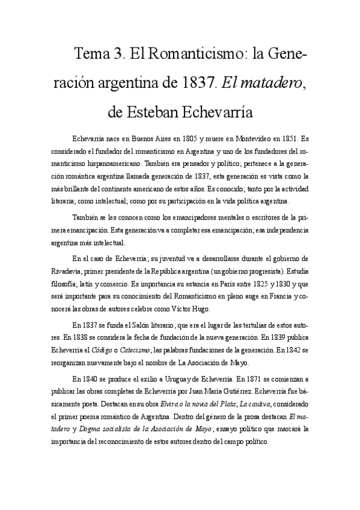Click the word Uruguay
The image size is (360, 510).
coord(163,379)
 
